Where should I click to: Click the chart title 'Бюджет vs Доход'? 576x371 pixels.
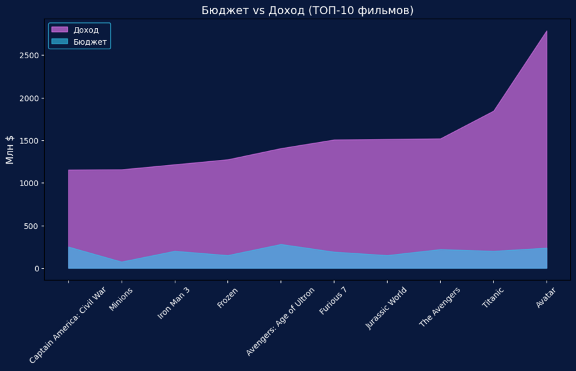click(307, 10)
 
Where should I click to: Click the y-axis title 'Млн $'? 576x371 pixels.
click(10, 150)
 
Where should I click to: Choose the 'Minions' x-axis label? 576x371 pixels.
click(121, 299)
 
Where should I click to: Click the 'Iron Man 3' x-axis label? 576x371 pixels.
click(173, 303)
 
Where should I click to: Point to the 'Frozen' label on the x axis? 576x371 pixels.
click(228, 297)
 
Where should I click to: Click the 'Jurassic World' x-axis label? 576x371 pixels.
click(386, 308)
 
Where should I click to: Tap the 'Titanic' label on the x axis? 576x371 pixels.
click(493, 299)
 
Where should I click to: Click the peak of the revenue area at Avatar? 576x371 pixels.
click(547, 31)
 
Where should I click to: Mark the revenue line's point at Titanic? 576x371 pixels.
click(493, 111)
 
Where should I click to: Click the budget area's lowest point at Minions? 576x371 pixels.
click(121, 262)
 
